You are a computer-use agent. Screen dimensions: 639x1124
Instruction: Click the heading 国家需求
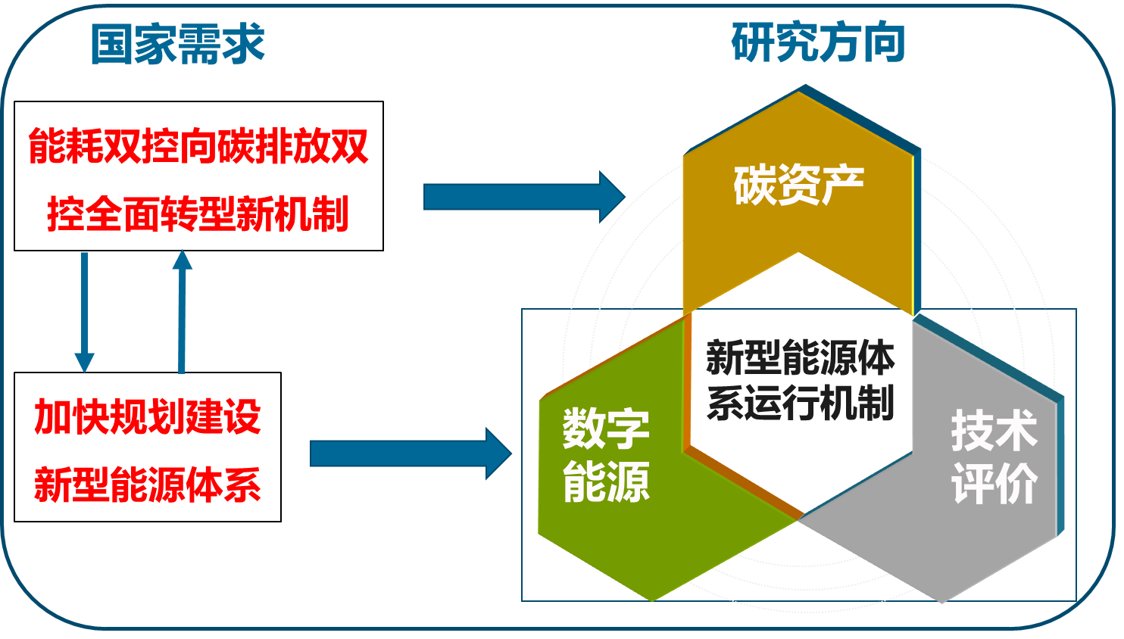tap(177, 44)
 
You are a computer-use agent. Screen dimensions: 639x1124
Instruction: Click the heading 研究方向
tap(818, 42)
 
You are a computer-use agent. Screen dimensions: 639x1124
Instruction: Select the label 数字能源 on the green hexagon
tap(606, 455)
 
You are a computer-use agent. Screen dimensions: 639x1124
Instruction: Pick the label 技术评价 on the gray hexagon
tap(994, 457)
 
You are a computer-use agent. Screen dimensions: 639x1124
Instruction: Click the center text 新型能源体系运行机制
tap(800, 380)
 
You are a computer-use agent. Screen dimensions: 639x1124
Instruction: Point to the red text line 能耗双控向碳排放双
tap(198, 146)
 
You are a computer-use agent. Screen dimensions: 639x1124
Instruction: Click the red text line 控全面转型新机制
tap(198, 214)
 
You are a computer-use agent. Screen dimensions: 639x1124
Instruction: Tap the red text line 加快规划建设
tap(148, 416)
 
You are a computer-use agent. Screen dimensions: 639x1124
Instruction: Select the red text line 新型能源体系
tap(148, 485)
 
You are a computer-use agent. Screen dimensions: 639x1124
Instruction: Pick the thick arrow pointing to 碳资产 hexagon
tap(523, 197)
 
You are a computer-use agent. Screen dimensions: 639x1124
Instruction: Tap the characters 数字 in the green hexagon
tap(606, 429)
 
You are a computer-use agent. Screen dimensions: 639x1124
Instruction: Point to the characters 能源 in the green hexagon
tap(606, 482)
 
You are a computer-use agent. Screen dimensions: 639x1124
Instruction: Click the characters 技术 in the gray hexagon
tap(994, 430)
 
